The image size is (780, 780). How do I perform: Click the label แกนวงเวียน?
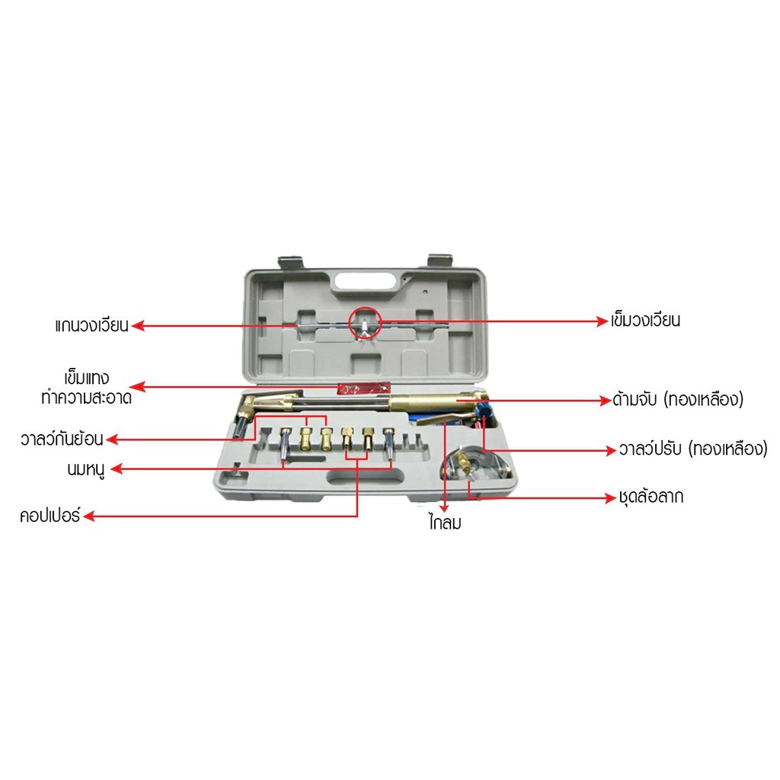coord(92,325)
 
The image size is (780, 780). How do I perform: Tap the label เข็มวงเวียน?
coord(646,321)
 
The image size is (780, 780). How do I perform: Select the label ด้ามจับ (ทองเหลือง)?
coord(678,399)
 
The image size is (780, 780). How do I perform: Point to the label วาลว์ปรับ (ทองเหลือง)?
coord(693,449)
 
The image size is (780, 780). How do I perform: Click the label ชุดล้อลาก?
coord(651,497)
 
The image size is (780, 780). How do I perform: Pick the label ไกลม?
coord(445,523)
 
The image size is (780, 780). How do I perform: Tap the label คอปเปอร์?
coord(50,516)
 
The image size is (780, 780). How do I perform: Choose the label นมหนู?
coord(86,469)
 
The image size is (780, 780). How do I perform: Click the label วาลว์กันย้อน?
coord(62,439)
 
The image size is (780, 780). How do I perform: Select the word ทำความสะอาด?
coord(87,398)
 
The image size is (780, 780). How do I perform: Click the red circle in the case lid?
coord(365,323)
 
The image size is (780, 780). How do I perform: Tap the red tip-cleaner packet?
coord(363,388)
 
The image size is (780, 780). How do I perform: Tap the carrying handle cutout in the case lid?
coord(365,281)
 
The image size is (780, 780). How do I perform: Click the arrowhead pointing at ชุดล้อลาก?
coord(611,497)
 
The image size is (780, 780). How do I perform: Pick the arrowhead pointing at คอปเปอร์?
coord(89,516)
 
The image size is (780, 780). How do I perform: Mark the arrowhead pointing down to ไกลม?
coord(444,508)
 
